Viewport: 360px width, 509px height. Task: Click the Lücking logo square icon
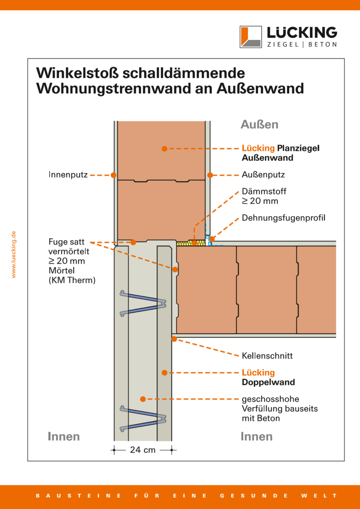click(250, 36)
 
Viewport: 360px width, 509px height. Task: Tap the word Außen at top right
click(259, 124)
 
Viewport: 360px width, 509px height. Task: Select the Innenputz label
click(67, 175)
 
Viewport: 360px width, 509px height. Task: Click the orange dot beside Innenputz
click(113, 175)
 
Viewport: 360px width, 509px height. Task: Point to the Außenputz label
click(263, 175)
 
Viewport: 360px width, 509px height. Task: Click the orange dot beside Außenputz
click(209, 175)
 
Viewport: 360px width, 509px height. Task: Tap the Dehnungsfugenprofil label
click(284, 218)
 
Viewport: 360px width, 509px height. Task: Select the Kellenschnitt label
click(267, 356)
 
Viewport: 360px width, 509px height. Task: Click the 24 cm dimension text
click(143, 450)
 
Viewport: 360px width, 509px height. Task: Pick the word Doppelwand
click(268, 382)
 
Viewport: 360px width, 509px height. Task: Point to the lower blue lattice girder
click(143, 419)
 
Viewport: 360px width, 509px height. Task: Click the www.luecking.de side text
click(14, 255)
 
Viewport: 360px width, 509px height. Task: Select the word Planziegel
click(298, 148)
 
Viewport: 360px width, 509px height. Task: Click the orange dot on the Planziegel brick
click(165, 148)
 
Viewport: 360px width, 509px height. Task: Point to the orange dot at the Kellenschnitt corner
click(174, 338)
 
